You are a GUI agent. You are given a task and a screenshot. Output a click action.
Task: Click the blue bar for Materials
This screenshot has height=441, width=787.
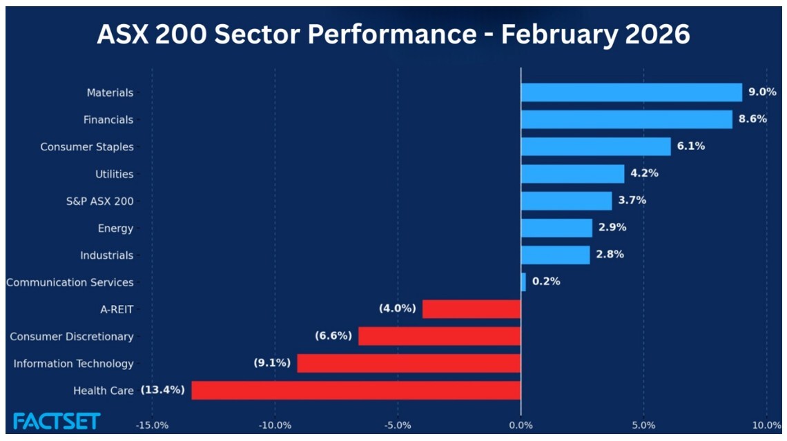631,92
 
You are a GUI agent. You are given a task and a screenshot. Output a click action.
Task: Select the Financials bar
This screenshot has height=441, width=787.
626,119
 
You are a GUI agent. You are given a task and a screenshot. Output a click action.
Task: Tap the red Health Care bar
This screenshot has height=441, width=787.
356,391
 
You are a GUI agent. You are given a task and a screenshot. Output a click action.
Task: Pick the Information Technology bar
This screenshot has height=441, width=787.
409,364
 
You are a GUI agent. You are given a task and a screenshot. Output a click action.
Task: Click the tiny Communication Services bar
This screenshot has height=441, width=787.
523,282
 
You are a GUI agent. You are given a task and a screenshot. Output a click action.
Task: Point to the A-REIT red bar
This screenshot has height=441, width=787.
472,309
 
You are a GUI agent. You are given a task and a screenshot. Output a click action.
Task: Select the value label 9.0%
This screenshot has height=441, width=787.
762,92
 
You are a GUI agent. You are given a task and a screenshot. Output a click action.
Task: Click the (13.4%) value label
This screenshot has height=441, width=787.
163,390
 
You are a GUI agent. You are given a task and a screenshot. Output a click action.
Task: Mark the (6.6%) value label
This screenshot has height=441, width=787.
333,336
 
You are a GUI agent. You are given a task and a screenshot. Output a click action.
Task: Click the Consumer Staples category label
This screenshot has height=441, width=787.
87,147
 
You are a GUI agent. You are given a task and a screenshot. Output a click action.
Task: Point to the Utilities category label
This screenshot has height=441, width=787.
114,174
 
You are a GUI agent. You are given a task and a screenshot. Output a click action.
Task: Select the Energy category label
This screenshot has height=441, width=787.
115,228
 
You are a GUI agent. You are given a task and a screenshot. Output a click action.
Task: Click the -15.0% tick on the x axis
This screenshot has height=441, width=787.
152,424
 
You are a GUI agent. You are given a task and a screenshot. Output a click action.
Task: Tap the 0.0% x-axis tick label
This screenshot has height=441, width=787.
521,424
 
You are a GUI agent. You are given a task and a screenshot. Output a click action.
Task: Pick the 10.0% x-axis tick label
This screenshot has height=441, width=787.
765,424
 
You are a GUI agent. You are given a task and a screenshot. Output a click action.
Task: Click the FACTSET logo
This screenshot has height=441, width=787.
57,421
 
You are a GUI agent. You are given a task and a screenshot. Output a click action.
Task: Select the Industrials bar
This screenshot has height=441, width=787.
555,255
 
